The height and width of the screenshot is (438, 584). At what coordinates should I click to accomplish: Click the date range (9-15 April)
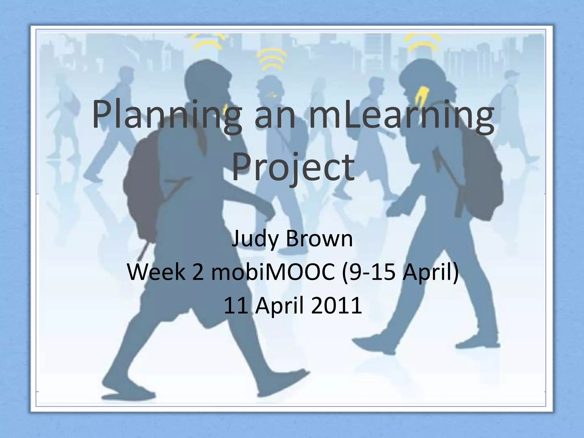400,272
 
